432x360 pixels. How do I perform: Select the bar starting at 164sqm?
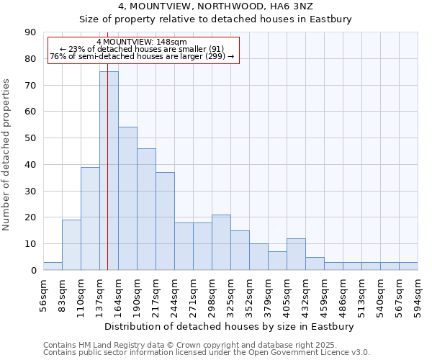127,199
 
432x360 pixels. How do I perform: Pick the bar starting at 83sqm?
71,245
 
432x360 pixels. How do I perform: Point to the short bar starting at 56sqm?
53,266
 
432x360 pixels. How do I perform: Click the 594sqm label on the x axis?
418,293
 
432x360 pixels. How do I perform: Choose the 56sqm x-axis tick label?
43,293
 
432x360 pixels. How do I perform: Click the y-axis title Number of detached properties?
7,155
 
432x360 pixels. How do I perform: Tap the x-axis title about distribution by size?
230,326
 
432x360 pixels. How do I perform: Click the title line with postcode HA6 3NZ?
215,6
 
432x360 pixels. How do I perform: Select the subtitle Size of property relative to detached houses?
215,19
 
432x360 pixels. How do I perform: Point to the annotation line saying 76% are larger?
142,57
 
